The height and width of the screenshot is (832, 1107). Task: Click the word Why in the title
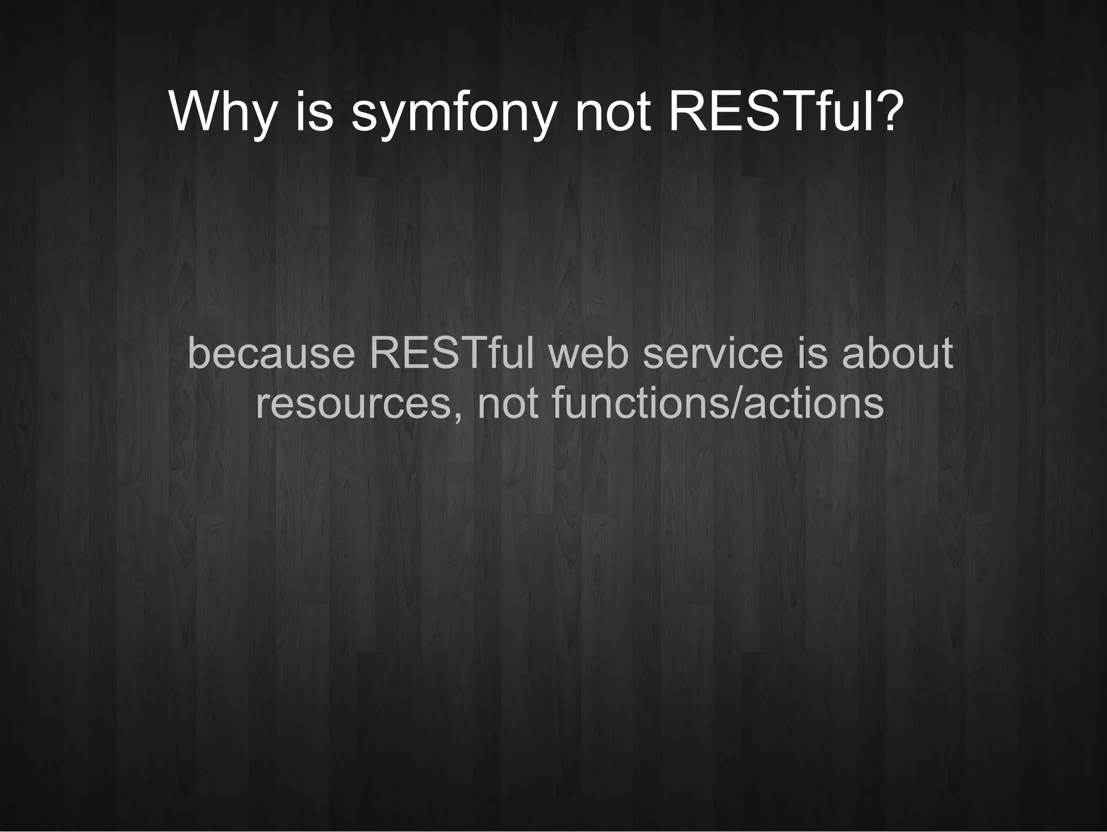222,112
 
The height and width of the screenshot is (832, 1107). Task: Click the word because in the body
271,354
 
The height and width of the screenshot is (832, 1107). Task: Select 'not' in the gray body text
508,403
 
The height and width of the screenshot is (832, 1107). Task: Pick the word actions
813,403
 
